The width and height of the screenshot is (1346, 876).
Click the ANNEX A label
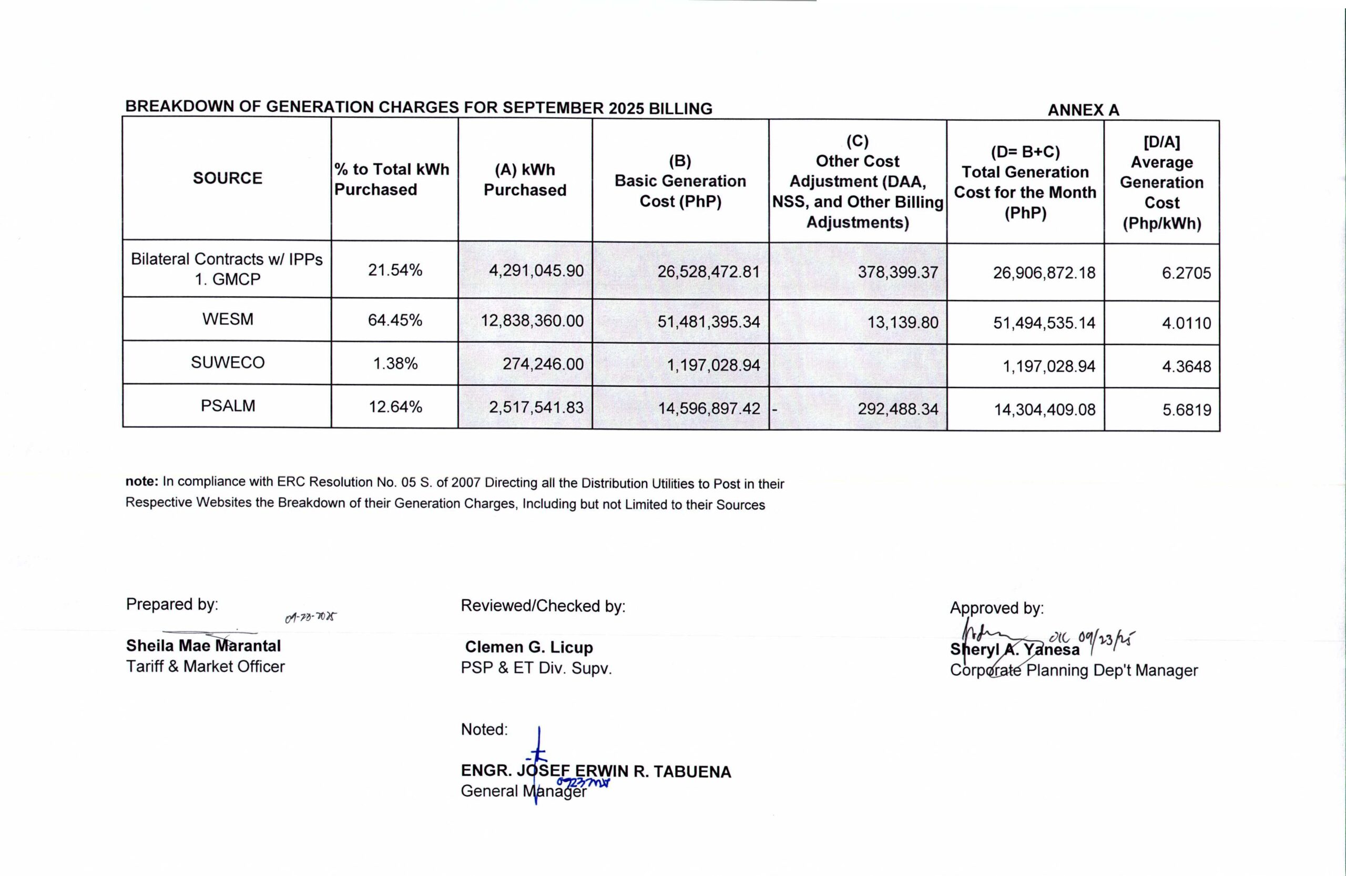coord(1083,110)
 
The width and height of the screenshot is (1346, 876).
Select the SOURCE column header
coord(227,178)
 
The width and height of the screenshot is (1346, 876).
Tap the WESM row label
coord(227,319)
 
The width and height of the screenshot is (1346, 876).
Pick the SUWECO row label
coord(227,363)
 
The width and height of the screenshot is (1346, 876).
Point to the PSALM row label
coord(227,406)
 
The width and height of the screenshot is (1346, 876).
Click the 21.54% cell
coord(395,270)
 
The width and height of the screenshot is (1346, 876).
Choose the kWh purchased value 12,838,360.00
coord(532,321)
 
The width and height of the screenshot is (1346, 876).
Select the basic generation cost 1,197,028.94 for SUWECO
coord(713,365)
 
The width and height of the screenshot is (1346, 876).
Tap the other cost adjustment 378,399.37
coord(898,272)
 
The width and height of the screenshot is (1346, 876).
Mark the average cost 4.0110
coord(1186,323)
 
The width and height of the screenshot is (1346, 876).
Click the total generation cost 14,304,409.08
coord(1045,409)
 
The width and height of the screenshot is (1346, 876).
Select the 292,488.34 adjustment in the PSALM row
coord(898,409)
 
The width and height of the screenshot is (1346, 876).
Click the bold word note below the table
coord(141,481)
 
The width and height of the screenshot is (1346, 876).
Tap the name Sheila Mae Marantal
coord(203,646)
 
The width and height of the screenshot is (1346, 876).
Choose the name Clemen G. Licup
coord(529,647)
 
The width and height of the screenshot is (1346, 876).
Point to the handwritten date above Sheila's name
coord(311,617)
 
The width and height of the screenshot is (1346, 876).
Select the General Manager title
coord(524,791)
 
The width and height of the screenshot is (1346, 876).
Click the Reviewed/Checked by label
coord(543,606)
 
